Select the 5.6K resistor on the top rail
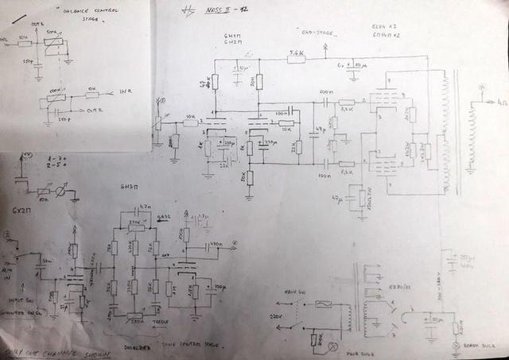296,56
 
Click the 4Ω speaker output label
500,102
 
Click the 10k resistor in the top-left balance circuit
24,37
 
